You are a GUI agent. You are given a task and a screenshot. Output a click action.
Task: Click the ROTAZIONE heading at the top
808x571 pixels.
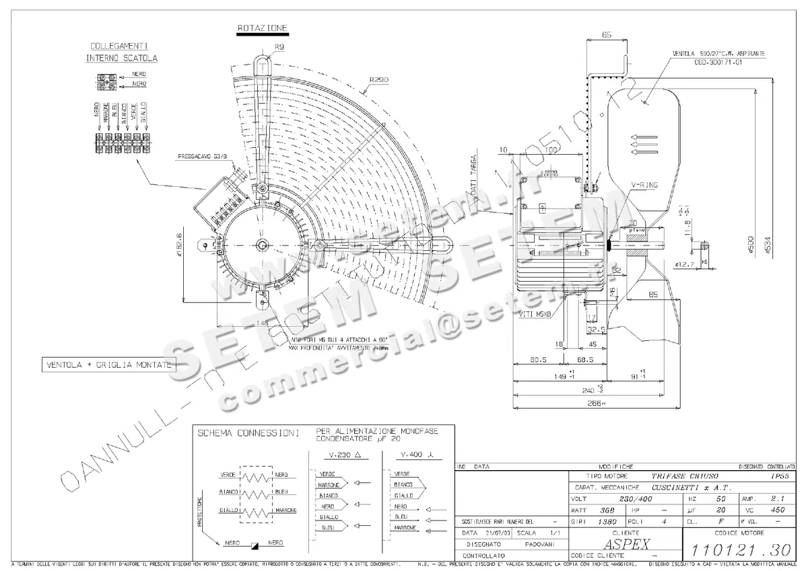(262, 28)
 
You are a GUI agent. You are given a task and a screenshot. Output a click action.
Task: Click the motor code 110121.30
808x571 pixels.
(740, 549)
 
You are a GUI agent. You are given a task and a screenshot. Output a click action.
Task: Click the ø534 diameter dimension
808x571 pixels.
(768, 247)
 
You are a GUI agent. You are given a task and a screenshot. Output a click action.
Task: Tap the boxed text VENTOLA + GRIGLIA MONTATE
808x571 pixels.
(108, 365)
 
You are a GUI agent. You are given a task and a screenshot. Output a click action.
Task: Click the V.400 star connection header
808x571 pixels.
(411, 455)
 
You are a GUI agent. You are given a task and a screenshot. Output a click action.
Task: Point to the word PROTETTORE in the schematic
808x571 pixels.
(199, 512)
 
